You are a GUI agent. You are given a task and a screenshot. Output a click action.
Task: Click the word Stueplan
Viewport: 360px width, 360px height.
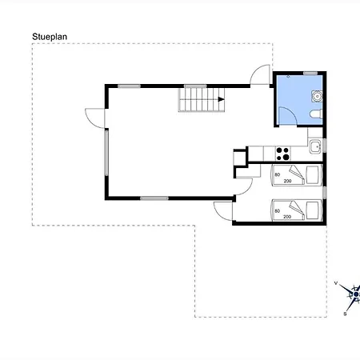pos(50,37)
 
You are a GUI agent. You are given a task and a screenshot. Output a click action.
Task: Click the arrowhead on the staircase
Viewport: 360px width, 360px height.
pos(221,99)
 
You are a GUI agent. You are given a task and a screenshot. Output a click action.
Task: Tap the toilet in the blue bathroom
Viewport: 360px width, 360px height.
pos(316,114)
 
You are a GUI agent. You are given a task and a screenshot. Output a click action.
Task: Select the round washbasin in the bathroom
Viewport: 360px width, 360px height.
pos(317,96)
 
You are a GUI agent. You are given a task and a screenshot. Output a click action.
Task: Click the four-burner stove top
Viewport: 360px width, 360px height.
pos(282,154)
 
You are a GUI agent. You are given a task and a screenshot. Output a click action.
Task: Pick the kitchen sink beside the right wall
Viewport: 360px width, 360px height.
pos(316,146)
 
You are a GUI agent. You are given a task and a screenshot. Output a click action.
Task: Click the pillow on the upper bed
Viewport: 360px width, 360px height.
pos(312,175)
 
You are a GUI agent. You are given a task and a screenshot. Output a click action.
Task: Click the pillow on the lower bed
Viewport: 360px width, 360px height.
pos(312,210)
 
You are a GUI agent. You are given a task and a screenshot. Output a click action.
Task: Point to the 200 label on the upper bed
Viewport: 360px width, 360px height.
pos(287,181)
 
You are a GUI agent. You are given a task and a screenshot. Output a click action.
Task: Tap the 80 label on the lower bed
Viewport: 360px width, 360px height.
pos(278,211)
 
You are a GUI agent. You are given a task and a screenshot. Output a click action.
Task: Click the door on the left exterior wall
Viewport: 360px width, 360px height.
pos(95,118)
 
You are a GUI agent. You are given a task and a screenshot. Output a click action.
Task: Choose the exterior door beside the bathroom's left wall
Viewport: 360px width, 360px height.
pos(260,74)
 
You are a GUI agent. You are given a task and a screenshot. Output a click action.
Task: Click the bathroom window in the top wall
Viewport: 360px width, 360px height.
pos(310,73)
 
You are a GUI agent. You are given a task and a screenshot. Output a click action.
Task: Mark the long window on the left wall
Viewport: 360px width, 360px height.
pos(106,153)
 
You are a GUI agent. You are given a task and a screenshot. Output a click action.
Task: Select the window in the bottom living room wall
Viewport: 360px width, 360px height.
pos(154,198)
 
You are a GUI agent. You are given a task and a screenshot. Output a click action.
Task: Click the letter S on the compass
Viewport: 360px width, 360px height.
pos(345,314)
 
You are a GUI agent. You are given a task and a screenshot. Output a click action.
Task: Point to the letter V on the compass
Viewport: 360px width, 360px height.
pos(336,283)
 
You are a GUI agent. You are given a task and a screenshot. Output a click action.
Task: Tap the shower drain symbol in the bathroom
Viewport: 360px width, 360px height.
pos(288,77)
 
